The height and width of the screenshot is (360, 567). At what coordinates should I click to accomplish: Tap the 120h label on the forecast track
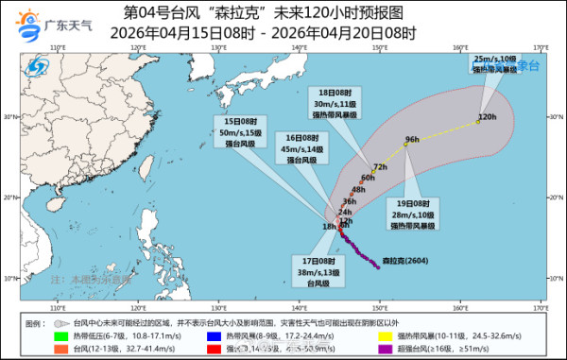point(488,117)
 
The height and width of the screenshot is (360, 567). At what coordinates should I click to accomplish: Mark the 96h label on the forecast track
point(411,140)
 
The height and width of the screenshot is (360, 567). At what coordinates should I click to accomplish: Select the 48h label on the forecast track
point(357,190)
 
